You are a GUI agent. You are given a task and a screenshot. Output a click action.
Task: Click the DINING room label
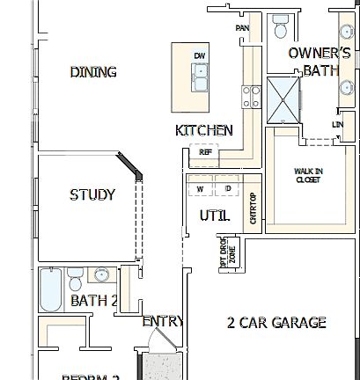tap(93, 72)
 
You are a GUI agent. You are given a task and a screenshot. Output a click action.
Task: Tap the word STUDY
tap(92, 194)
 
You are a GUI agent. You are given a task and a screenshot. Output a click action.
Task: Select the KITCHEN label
tap(204, 130)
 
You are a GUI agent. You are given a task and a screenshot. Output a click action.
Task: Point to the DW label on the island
tap(200, 56)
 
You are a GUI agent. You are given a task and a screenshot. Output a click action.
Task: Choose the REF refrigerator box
tap(205, 152)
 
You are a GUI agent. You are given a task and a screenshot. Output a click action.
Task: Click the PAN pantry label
tap(242, 28)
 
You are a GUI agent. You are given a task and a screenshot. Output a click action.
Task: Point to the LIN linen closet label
tap(337, 124)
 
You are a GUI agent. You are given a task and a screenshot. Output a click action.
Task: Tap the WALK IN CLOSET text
tap(307, 175)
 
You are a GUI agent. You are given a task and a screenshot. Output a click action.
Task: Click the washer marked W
tap(201, 188)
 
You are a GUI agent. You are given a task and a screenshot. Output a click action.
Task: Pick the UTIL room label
tap(214, 215)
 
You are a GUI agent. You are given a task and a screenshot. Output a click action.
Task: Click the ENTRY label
tap(162, 322)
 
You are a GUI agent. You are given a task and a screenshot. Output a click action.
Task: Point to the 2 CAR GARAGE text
tap(276, 323)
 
